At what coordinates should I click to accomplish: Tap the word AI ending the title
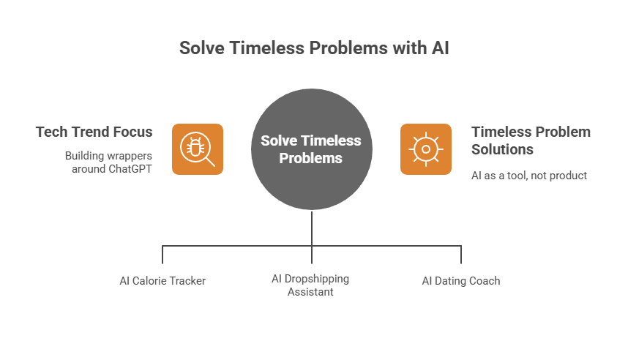click(440, 48)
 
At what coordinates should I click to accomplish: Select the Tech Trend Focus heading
click(94, 132)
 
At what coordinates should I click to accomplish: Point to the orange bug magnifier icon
click(198, 149)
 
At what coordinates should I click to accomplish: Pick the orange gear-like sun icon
click(426, 149)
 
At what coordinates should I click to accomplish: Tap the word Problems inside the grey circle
click(311, 158)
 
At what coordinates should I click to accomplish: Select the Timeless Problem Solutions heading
click(531, 140)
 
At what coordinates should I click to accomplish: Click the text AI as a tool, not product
click(529, 176)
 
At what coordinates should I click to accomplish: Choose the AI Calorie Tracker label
click(162, 281)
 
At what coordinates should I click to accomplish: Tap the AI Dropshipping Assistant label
click(310, 285)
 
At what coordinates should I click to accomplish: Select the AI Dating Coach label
click(461, 281)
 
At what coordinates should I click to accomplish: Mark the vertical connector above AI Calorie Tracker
click(162, 255)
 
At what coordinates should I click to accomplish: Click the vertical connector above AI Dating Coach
click(461, 255)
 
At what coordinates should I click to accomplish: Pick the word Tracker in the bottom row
click(187, 281)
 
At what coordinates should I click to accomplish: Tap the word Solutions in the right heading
click(502, 149)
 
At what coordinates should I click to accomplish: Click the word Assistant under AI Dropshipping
click(310, 292)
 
